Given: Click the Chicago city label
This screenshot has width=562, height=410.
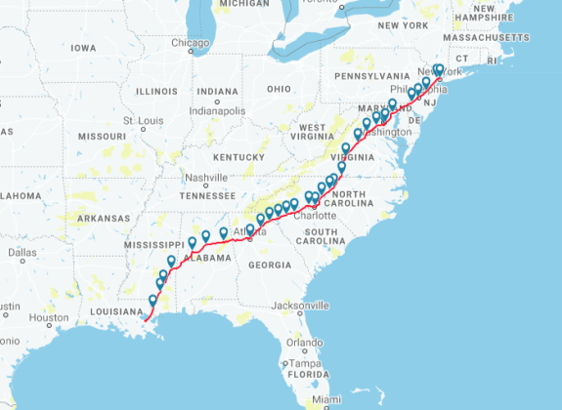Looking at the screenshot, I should [x=191, y=43].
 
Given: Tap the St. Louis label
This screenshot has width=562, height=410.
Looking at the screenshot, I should [x=142, y=120].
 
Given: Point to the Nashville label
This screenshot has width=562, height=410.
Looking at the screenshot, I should [x=206, y=178].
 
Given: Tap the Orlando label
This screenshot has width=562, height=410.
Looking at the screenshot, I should [x=305, y=343].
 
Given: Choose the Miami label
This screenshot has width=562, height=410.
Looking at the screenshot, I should [x=328, y=400].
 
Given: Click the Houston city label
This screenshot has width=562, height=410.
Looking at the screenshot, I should [x=49, y=318].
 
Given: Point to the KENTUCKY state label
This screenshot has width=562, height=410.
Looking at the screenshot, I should [x=239, y=156].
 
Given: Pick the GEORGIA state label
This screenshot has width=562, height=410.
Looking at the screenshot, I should [x=270, y=265].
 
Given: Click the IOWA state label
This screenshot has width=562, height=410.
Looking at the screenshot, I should [x=83, y=47].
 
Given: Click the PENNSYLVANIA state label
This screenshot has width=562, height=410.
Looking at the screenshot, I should [x=371, y=74].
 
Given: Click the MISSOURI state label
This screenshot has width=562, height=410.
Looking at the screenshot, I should [x=103, y=136].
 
